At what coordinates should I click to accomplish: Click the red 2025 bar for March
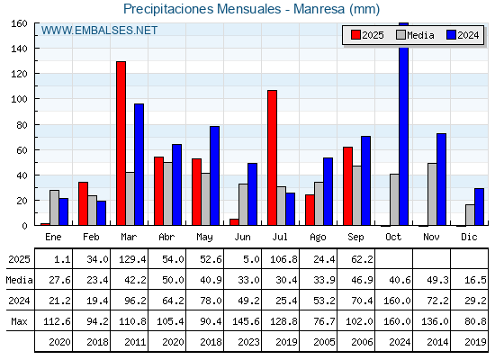(121, 143)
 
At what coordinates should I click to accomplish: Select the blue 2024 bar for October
(404, 124)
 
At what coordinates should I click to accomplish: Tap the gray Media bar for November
(432, 194)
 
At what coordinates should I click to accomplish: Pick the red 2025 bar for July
(272, 157)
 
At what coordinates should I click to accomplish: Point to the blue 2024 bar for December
(479, 207)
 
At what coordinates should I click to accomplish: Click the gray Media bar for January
(54, 208)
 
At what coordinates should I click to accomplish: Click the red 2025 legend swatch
(355, 35)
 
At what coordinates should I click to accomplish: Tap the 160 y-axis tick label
(20, 23)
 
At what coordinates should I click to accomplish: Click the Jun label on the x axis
(242, 238)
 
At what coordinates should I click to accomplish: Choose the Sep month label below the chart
(355, 238)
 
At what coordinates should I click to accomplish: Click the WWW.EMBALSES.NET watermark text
(99, 31)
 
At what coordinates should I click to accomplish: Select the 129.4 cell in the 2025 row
(132, 259)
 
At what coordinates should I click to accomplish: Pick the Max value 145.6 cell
(246, 321)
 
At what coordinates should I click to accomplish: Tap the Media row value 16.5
(475, 280)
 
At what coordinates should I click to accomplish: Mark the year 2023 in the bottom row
(248, 342)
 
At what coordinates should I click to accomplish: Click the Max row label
(19, 321)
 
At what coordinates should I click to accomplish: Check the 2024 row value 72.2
(437, 301)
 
